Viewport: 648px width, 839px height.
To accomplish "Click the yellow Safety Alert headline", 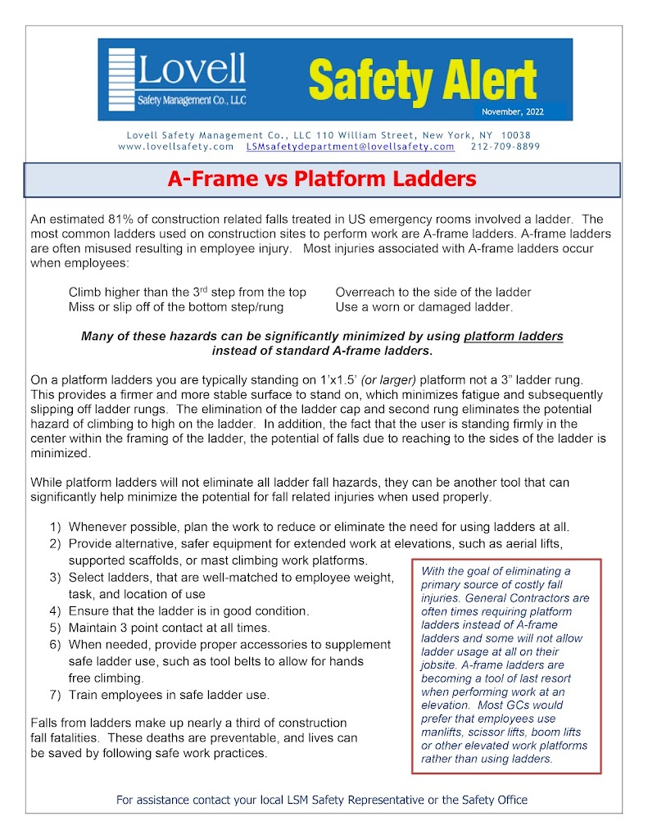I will [422, 80].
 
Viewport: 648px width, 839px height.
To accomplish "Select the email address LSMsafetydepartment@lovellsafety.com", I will [351, 147].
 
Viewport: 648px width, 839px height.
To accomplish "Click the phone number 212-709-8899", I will [505, 147].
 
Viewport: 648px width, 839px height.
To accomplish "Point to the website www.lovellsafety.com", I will [176, 147].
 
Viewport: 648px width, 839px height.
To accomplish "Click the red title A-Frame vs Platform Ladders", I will [322, 179].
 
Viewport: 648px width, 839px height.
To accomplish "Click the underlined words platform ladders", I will [514, 336].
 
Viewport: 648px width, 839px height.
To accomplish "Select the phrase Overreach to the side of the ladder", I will [433, 292].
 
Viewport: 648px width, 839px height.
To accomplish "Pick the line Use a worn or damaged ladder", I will [424, 307].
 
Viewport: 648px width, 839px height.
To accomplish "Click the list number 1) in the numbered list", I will [55, 527].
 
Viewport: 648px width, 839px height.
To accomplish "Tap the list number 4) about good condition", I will [55, 610].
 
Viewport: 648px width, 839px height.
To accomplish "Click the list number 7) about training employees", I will [55, 695].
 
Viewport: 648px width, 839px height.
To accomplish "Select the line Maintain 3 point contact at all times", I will [170, 628].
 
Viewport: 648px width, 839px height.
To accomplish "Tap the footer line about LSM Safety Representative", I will [322, 800].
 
